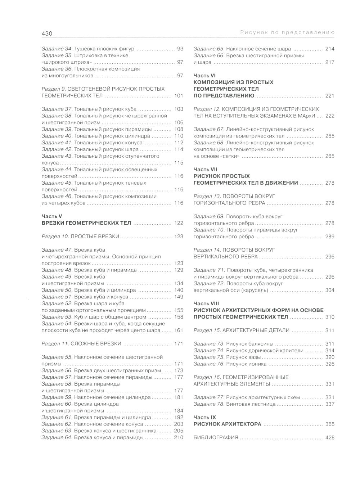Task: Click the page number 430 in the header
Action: (x=47, y=33)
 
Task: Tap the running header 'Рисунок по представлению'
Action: (x=287, y=33)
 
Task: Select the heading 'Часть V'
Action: (x=52, y=216)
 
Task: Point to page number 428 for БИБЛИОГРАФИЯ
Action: (x=329, y=437)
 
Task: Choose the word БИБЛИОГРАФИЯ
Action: (x=216, y=437)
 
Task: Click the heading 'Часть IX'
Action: (x=204, y=417)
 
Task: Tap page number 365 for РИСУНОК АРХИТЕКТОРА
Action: (x=329, y=424)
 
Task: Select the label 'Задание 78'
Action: (x=209, y=404)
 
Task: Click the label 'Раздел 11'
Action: (x=55, y=343)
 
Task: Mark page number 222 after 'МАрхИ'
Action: (x=329, y=116)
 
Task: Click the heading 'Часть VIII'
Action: (x=206, y=303)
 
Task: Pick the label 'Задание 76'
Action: (x=209, y=364)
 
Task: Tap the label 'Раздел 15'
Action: (x=207, y=330)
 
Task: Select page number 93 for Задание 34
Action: (x=180, y=49)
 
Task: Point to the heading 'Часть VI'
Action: (x=204, y=76)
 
